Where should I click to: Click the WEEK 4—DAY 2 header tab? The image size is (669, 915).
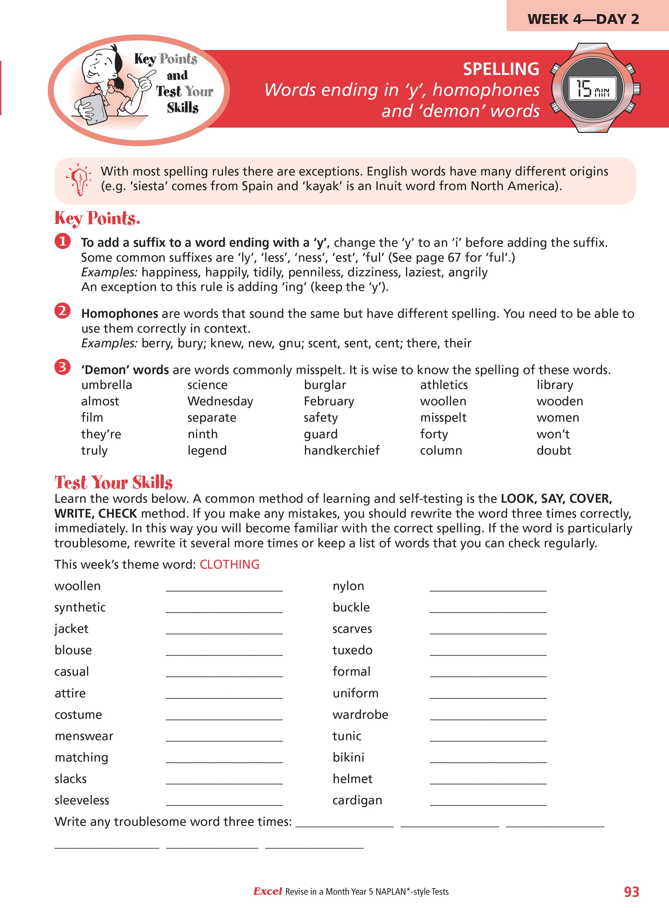(583, 19)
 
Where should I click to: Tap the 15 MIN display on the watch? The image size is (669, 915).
(592, 89)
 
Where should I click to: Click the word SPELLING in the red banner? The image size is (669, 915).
(501, 69)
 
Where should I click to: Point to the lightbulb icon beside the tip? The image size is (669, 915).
(79, 179)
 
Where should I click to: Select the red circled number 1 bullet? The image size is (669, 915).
(62, 241)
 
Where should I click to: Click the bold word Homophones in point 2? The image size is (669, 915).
(120, 314)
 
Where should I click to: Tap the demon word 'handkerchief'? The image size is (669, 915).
(341, 450)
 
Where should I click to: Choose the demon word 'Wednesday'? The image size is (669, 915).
(220, 401)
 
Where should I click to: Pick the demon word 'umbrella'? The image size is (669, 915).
(107, 385)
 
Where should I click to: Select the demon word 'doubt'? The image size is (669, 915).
(553, 450)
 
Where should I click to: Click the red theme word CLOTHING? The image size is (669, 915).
(229, 564)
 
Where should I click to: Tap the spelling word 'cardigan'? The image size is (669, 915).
(357, 800)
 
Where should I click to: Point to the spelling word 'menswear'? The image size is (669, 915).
(84, 736)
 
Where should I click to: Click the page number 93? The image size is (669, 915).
(631, 892)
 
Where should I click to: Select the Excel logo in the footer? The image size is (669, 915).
(267, 891)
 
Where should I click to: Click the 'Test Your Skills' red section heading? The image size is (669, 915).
(113, 482)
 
